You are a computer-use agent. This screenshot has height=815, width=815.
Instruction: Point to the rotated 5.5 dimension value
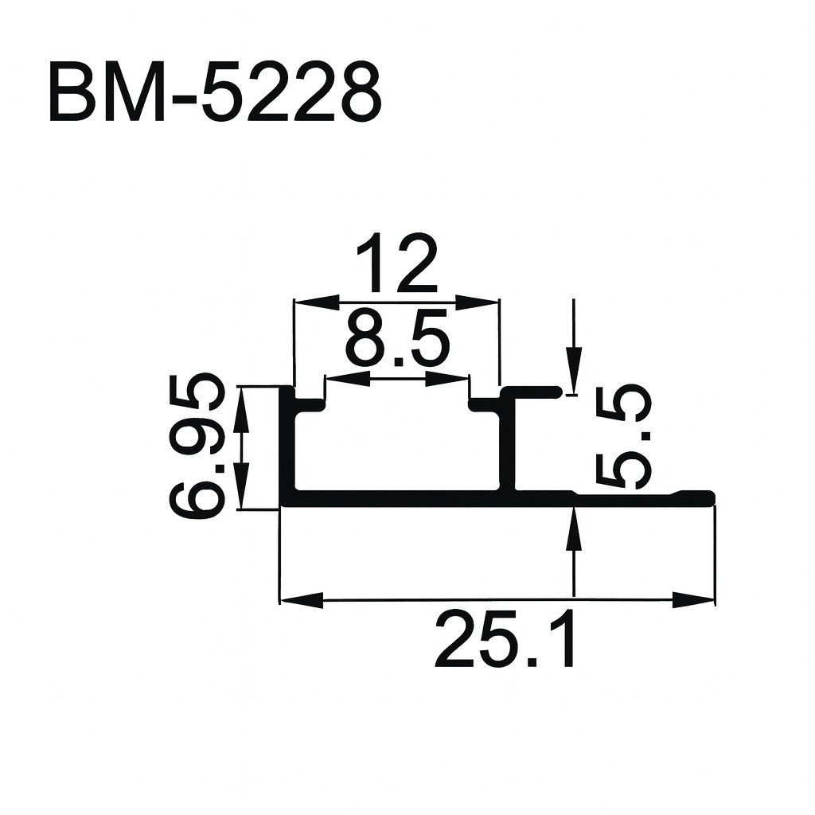point(624,437)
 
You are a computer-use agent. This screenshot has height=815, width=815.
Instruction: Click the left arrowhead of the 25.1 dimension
point(302,599)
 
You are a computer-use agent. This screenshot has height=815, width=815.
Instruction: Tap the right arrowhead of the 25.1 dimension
point(692,599)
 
